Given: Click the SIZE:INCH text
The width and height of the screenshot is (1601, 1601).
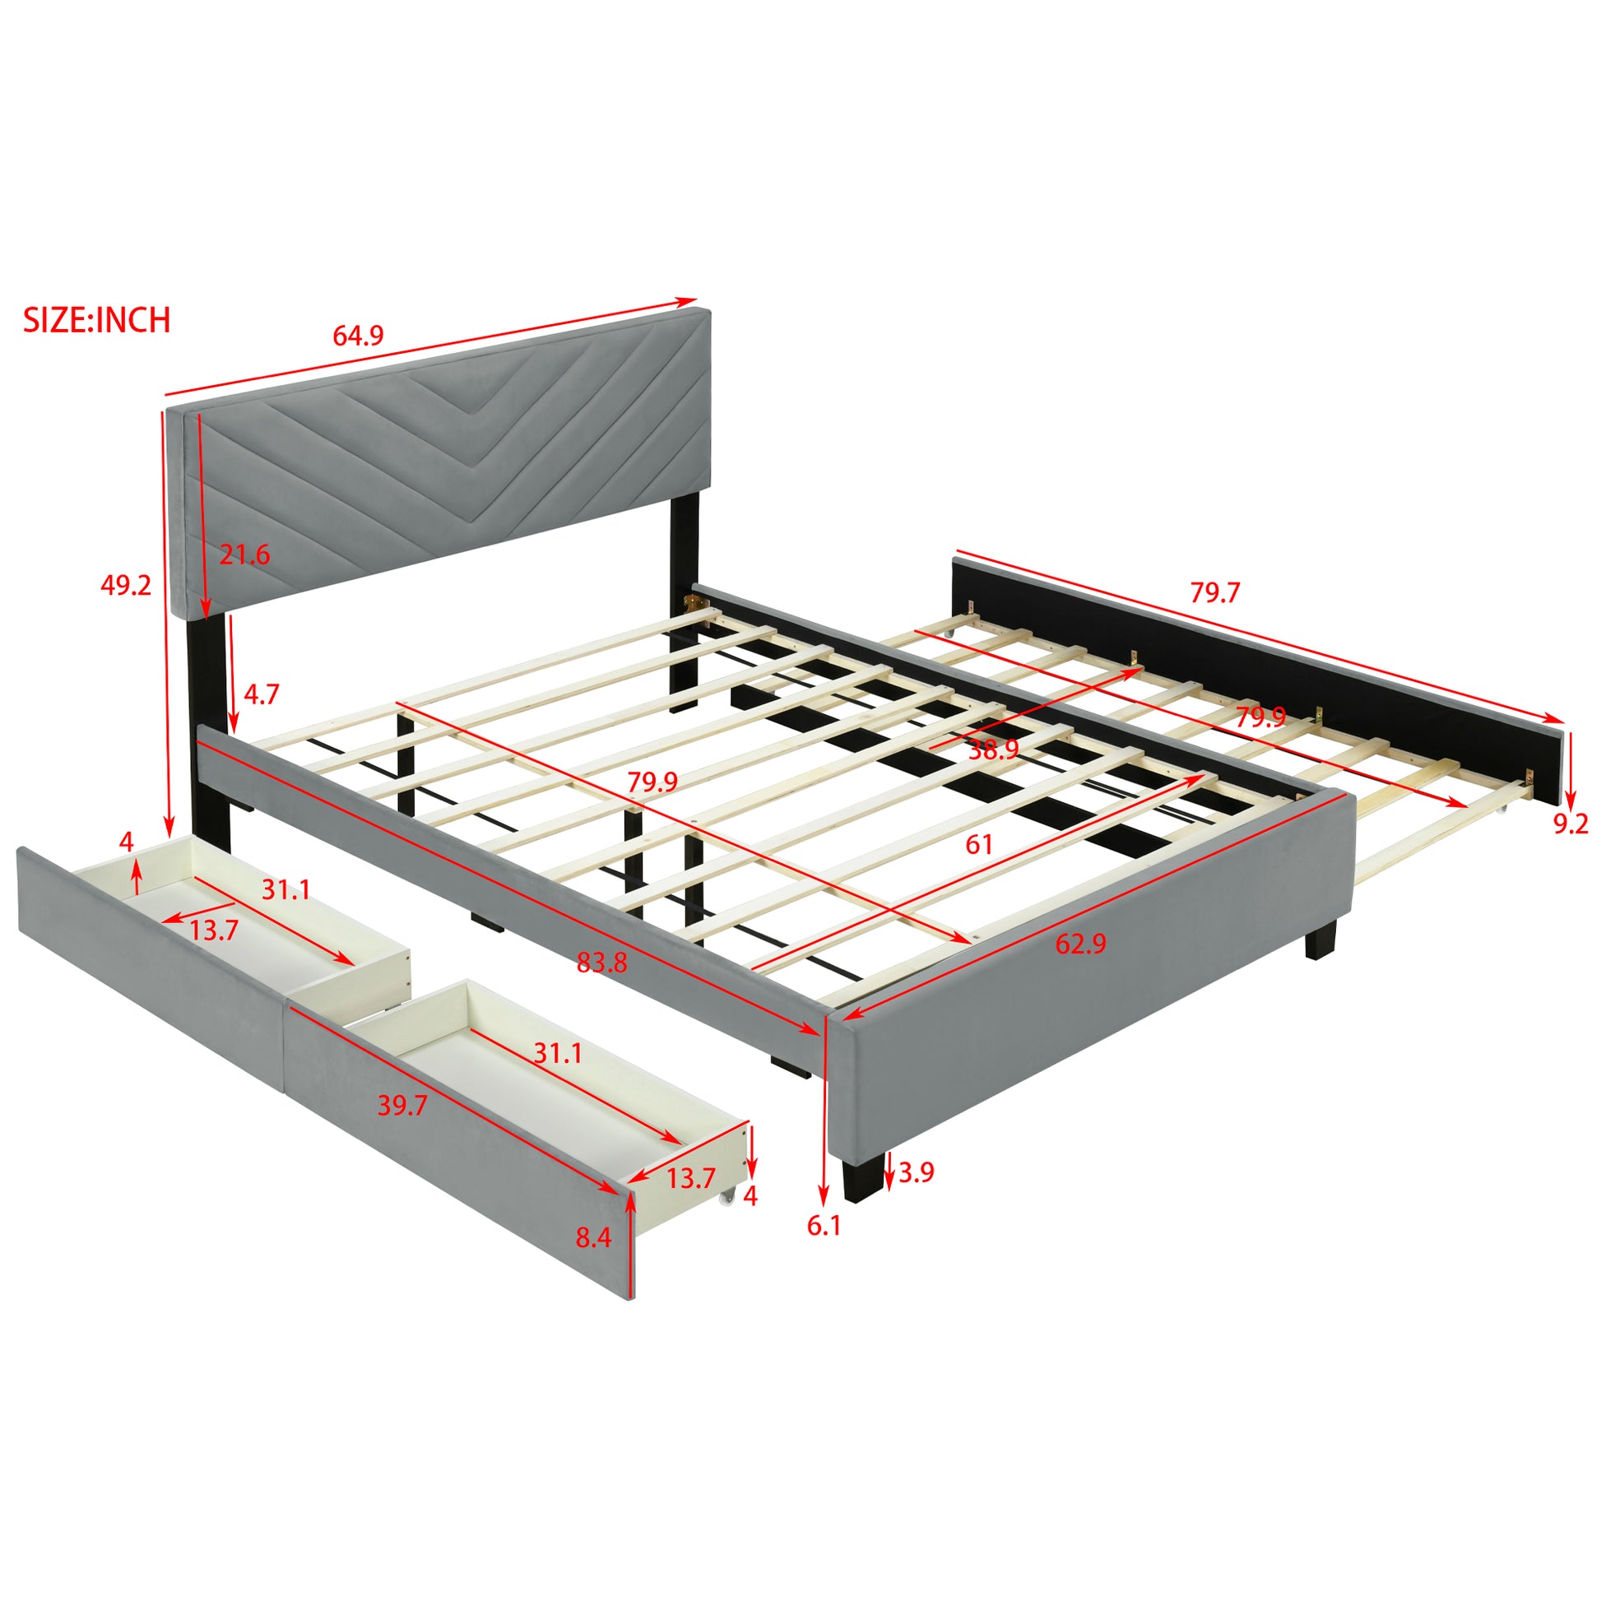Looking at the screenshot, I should tap(97, 320).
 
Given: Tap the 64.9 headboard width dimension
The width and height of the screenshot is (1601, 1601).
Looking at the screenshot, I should tap(358, 336).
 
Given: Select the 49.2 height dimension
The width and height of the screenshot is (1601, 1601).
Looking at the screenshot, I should tap(126, 585).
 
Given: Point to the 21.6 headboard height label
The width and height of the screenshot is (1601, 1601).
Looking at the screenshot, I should tap(244, 555).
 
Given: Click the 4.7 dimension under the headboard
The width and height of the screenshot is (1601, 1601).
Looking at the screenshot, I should tap(261, 694).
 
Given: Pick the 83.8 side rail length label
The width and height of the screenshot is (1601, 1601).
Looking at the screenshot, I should tap(602, 962).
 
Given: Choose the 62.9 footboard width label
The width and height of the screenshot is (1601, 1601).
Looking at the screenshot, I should tap(1080, 944).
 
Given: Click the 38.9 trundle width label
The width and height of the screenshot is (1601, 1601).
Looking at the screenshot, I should tap(994, 750).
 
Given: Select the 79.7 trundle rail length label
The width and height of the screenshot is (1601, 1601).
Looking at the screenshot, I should tap(1215, 592).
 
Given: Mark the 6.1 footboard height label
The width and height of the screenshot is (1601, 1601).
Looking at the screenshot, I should tap(824, 1248).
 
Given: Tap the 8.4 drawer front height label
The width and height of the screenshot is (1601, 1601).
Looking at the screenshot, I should tap(593, 1237).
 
